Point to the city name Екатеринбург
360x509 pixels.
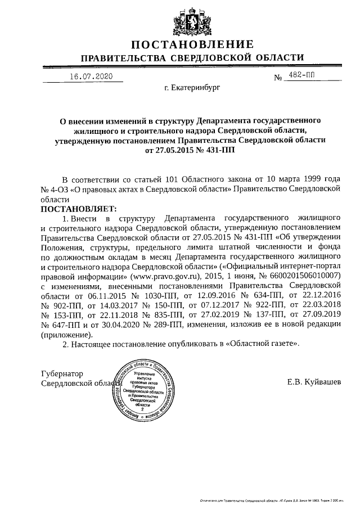pos(192,88)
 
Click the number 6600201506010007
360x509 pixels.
pos(303,277)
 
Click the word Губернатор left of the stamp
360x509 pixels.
pos(62,373)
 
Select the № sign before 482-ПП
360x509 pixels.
pos(277,78)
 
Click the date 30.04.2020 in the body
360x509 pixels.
pos(114,325)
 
